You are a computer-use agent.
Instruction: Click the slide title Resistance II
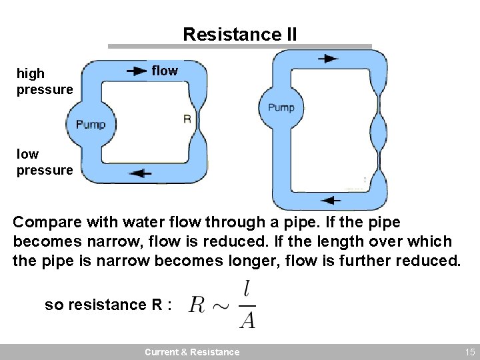coord(239,34)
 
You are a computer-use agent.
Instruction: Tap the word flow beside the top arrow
coord(165,71)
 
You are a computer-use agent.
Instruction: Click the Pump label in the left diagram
coord(91,125)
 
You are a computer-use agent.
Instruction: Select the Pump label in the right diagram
coord(281,107)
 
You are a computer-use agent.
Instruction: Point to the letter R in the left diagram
coord(187,119)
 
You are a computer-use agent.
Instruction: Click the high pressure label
coord(44,81)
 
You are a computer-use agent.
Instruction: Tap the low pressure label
coord(44,162)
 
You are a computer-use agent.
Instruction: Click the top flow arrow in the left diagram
coord(137,71)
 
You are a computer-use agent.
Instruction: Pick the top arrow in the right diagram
coord(327,59)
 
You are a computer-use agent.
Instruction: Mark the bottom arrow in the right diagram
coord(331,199)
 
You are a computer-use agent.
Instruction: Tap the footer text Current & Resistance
coord(192,352)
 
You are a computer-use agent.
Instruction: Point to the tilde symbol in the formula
coord(221,306)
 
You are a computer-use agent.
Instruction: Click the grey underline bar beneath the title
coord(239,47)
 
